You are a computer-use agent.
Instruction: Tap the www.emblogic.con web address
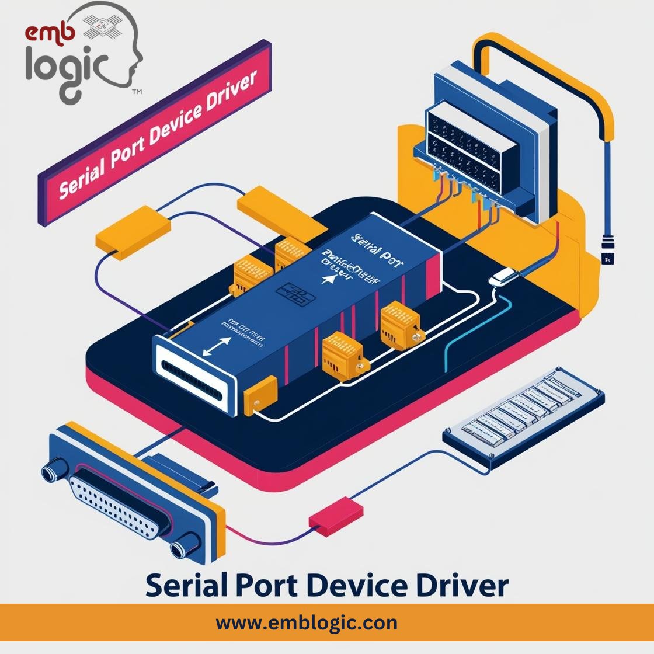(x=307, y=622)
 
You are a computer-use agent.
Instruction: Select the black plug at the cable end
(x=607, y=251)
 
